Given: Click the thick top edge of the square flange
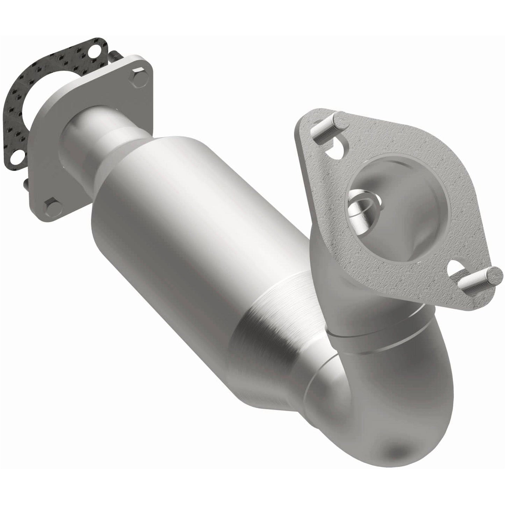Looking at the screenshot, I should [105, 73].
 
